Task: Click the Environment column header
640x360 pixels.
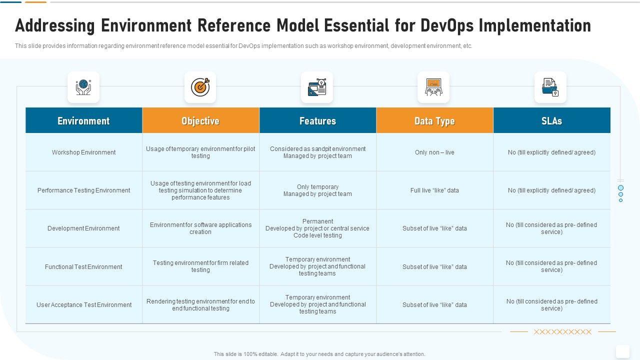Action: point(83,120)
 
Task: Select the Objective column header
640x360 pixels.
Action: point(200,120)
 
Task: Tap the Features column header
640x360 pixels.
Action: point(317,120)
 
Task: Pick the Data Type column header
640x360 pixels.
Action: point(434,120)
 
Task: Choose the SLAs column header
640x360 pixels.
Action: point(551,120)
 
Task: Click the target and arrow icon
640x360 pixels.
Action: point(200,87)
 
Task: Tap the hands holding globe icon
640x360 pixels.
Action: point(83,87)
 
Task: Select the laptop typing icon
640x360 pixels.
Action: point(433,87)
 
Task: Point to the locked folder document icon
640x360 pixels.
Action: point(550,87)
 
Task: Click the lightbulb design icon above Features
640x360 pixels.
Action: point(317,87)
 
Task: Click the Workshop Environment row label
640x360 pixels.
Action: point(83,152)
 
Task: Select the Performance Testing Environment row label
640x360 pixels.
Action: point(83,190)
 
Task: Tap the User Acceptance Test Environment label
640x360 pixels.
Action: point(84,305)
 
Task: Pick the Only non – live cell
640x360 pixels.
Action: point(434,152)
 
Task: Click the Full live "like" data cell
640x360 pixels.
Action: point(434,190)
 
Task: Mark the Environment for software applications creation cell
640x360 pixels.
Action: point(200,228)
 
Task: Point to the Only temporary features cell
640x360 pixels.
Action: point(317,187)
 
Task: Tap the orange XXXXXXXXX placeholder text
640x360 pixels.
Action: point(562,331)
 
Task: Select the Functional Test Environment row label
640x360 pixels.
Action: point(83,266)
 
